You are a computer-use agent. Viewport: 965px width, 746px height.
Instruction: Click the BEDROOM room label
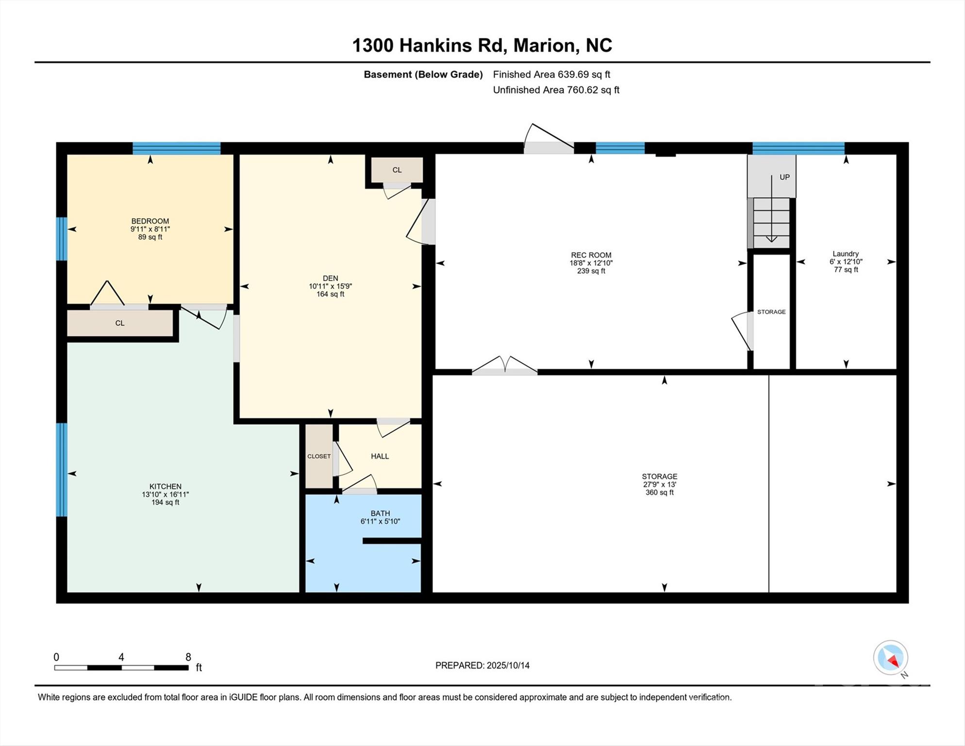point(150,221)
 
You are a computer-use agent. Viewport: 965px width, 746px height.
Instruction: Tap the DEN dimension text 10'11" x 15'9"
point(330,286)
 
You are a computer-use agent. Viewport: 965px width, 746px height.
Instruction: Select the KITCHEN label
point(166,486)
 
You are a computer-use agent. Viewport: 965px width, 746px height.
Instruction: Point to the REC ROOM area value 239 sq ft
point(591,271)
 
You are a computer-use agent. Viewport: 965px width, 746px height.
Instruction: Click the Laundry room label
point(846,254)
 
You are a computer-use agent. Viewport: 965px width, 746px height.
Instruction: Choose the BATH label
point(380,513)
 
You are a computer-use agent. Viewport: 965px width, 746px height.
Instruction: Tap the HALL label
point(380,456)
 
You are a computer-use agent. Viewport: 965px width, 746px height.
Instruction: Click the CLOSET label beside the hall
point(319,456)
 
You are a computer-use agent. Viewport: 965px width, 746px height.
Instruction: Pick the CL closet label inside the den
point(397,170)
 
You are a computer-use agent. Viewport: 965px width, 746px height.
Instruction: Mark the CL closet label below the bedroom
point(120,323)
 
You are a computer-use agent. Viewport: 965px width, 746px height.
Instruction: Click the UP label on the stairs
point(784,177)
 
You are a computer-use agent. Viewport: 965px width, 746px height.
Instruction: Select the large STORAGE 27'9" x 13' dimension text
point(659,484)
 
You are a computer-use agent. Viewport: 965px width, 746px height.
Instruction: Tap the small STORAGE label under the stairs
point(771,312)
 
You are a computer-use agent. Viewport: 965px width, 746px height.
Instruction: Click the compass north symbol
point(891,658)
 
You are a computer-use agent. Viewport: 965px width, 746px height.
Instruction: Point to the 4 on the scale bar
point(121,657)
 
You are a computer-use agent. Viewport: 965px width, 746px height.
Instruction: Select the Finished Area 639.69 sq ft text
point(551,74)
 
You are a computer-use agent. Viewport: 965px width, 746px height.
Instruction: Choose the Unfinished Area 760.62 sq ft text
point(556,90)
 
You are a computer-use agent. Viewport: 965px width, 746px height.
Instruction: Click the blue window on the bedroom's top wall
point(177,148)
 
